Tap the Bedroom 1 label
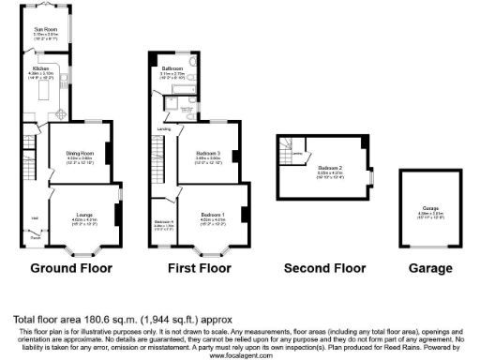pyautogui.click(x=211, y=214)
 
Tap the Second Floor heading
pyautogui.click(x=324, y=268)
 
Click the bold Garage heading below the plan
pyautogui.click(x=429, y=268)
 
